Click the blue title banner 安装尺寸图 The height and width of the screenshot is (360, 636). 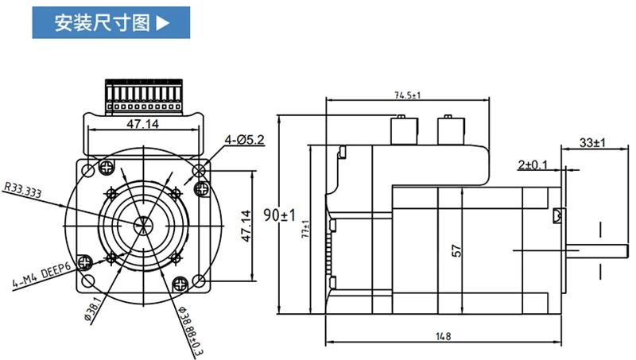click(111, 21)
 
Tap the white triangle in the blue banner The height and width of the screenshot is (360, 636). click(162, 22)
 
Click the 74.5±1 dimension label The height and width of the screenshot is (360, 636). click(407, 95)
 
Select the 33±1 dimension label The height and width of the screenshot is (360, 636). click(591, 143)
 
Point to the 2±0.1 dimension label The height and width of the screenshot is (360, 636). click(533, 165)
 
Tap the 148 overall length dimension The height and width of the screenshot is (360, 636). click(443, 336)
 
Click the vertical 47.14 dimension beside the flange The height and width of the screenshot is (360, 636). click(246, 225)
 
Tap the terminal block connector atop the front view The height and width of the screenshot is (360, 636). click(145, 95)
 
